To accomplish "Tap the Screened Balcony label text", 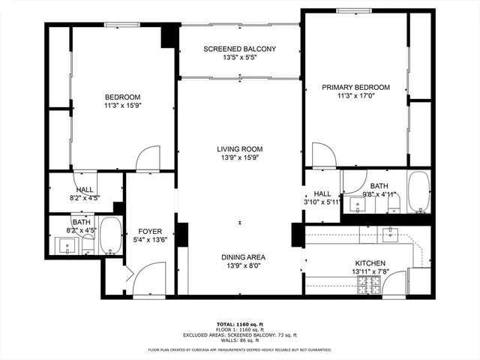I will point(239,49).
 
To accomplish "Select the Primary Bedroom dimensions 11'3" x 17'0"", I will point(356,96).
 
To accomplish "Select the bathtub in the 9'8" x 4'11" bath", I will point(418,192).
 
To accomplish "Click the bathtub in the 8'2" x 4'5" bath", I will point(110,236).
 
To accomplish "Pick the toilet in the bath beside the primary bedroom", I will point(394,201).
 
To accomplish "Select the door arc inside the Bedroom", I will point(148,158).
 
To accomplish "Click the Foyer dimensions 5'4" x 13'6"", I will point(150,241).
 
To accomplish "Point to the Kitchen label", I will point(370,264).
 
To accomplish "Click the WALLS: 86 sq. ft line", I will point(239,340).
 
